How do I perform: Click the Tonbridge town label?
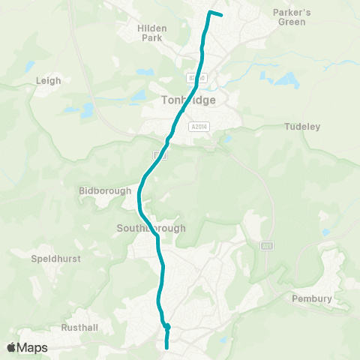click(187, 100)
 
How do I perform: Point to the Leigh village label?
click(48, 80)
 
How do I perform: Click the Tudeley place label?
click(303, 127)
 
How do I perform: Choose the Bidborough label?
click(105, 190)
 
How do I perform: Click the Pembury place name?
click(311, 298)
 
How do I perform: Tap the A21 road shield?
click(267, 245)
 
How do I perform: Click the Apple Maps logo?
click(27, 347)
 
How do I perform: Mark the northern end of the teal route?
click(221, 14)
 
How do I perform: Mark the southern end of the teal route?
click(166, 346)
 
